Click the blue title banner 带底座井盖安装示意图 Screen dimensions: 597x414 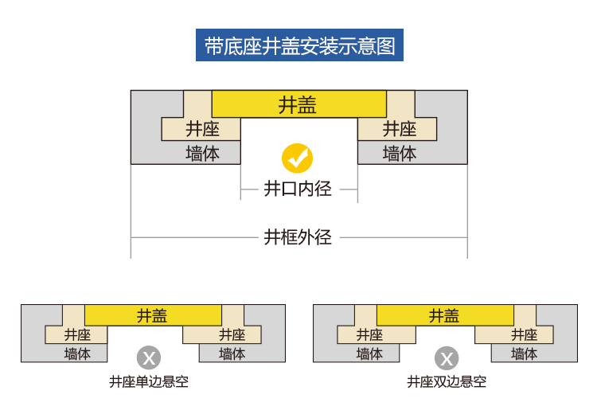(x=299, y=45)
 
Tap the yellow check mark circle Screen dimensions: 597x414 (x=298, y=158)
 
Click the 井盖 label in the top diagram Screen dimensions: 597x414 (x=298, y=105)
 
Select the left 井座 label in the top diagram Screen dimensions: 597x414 (x=202, y=129)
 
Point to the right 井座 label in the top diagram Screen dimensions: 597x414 (x=400, y=129)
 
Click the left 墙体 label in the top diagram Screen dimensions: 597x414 (x=202, y=154)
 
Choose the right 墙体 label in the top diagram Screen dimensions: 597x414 (x=400, y=154)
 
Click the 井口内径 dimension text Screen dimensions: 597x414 (x=298, y=189)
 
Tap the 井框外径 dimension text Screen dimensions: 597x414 (x=298, y=237)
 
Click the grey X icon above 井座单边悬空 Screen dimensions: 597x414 (x=149, y=358)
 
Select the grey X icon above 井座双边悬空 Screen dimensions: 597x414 (x=447, y=358)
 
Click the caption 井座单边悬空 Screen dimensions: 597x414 (x=149, y=381)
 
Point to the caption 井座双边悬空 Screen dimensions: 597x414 (x=447, y=381)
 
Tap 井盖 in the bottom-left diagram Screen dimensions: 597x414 (x=152, y=316)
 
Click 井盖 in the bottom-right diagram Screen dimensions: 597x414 (x=444, y=316)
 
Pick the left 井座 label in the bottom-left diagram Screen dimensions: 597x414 (x=77, y=334)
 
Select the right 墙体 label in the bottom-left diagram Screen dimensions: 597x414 (x=232, y=353)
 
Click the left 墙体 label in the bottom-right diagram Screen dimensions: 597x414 (x=369, y=353)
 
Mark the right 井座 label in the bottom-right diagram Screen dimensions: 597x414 (x=524, y=334)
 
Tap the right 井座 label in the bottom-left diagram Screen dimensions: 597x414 (x=232, y=334)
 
